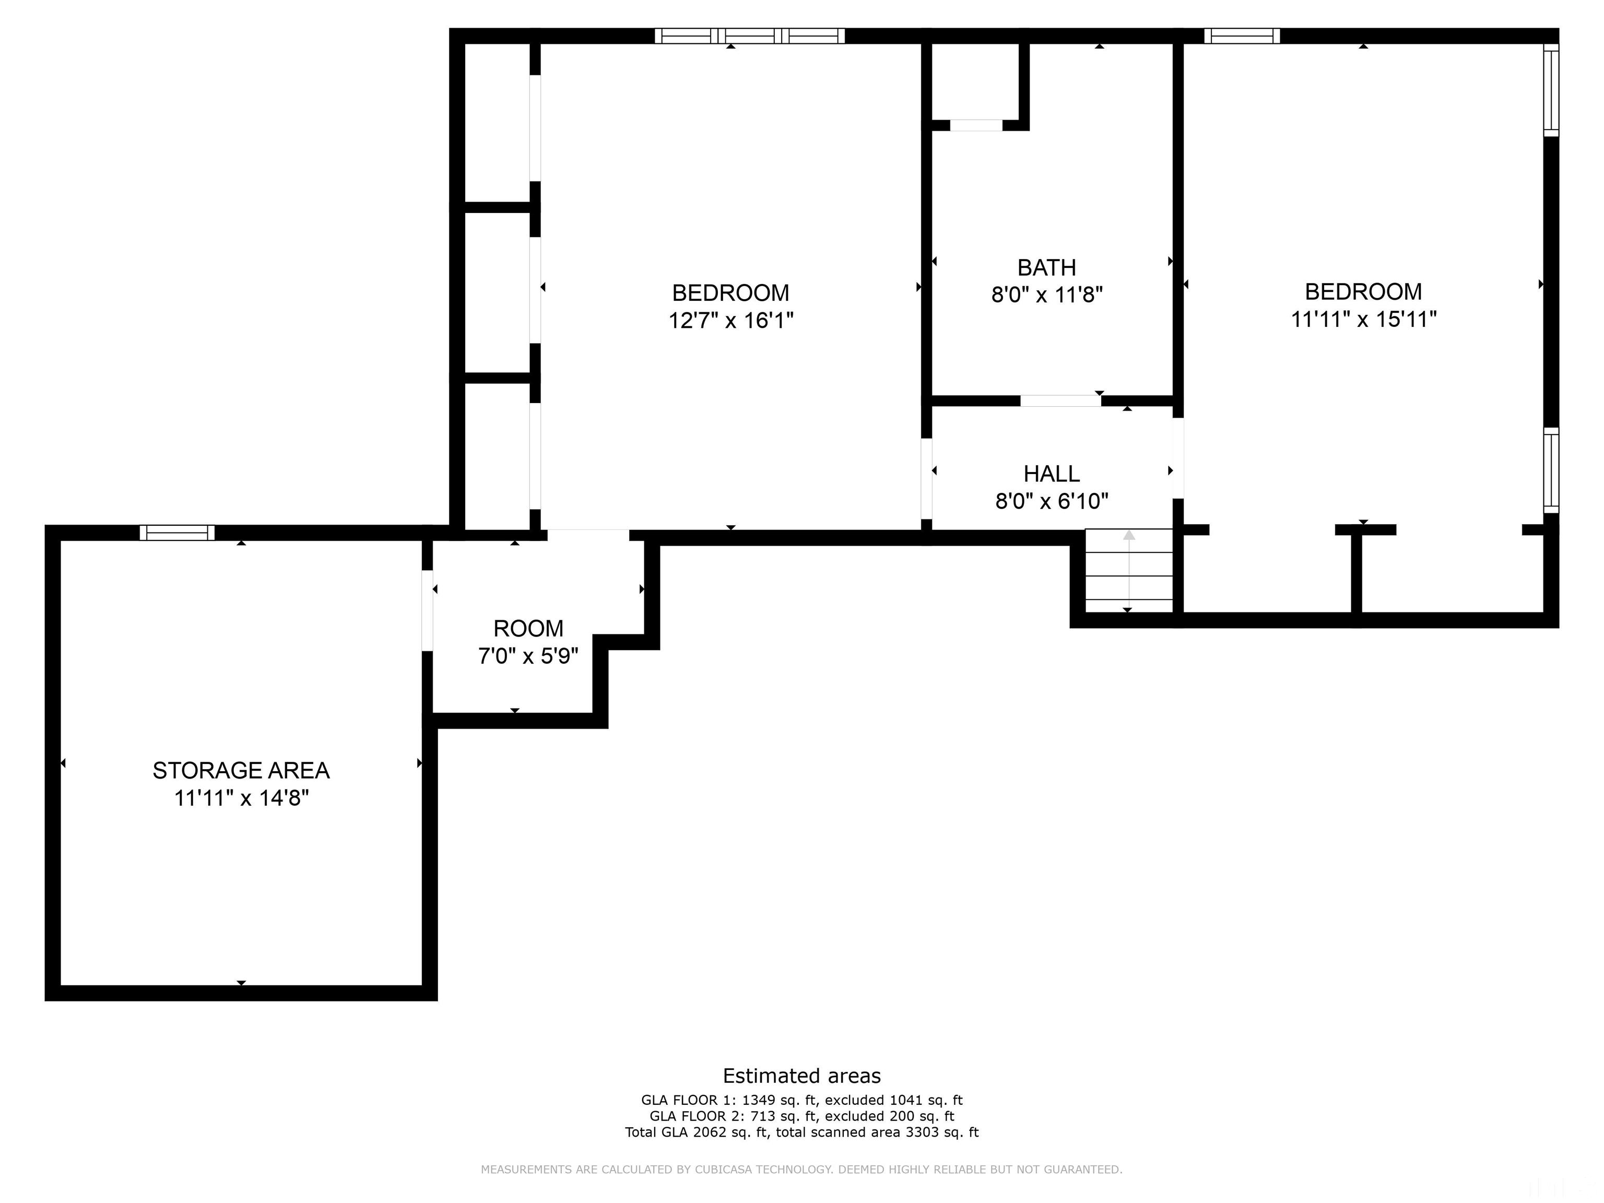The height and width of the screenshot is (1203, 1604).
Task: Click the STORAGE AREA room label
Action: (241, 770)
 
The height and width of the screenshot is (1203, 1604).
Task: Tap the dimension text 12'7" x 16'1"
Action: (730, 320)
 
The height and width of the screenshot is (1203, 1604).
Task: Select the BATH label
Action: (1046, 267)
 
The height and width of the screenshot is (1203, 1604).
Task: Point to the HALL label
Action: (1052, 474)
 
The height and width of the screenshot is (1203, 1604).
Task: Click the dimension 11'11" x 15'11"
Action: (1363, 319)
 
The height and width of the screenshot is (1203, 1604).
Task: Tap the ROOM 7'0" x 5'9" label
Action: (528, 642)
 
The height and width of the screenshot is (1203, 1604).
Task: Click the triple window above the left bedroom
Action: (750, 36)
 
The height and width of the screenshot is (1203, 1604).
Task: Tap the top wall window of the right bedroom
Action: (1242, 36)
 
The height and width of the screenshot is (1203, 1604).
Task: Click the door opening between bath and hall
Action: (1060, 401)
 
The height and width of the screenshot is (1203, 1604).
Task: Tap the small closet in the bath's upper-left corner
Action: (975, 81)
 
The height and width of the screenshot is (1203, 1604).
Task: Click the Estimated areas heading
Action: (801, 1076)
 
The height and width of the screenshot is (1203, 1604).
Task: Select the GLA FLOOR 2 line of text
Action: (801, 1116)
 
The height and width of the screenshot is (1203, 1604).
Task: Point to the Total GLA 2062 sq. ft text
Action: (801, 1132)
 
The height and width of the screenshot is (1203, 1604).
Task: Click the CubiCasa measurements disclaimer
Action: (801, 1169)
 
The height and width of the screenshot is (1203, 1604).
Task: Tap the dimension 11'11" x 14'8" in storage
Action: (241, 798)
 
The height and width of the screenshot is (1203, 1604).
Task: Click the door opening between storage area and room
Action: (428, 610)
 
